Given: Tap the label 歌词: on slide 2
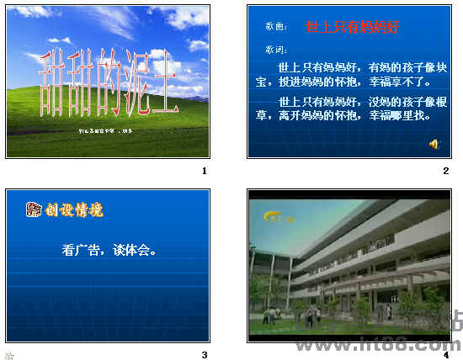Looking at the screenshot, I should tap(275, 50).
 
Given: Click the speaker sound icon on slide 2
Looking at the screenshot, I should tap(434, 144).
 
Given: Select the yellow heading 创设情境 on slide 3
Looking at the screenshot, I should tap(75, 209).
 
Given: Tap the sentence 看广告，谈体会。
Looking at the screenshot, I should tap(109, 249).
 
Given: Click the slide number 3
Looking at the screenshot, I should tap(204, 355).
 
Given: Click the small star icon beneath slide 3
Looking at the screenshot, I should tap(9, 355).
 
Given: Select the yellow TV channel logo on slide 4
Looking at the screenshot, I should tap(277, 216).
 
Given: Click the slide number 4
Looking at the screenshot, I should tap(446, 355).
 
